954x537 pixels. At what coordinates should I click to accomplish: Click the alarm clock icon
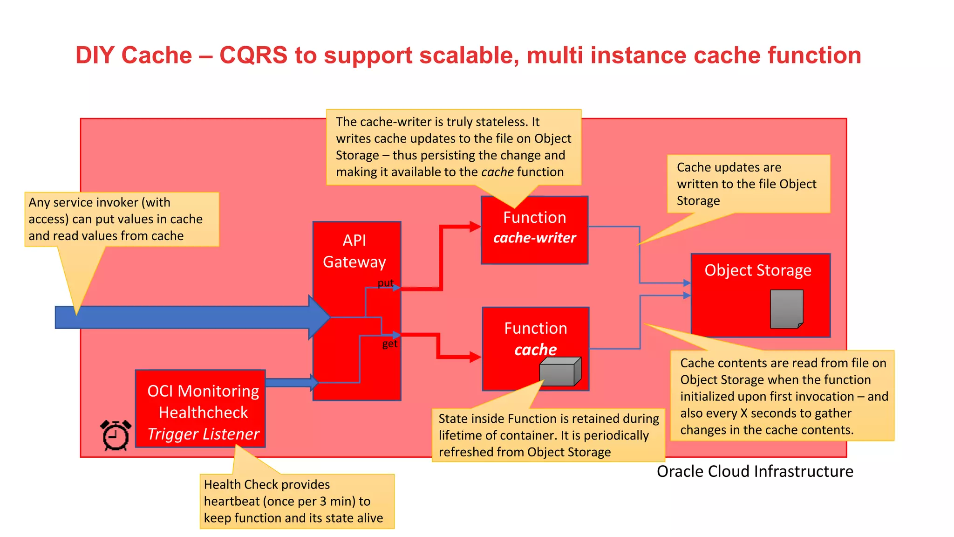(116, 435)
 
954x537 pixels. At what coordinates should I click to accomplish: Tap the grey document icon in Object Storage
(786, 309)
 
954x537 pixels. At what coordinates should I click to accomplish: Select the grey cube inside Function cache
(560, 372)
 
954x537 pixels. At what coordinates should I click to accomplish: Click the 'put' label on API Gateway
(385, 283)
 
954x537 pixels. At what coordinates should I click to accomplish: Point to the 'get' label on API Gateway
(389, 344)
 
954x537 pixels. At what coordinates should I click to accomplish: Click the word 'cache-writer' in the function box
(534, 238)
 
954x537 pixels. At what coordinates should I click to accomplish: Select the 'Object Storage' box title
(757, 270)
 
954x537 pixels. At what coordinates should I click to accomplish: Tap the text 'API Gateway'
(354, 251)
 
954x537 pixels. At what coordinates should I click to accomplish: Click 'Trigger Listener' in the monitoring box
(203, 434)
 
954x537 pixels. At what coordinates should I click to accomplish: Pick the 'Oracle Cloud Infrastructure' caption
(755, 471)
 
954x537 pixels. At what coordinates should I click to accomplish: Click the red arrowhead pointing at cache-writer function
(475, 227)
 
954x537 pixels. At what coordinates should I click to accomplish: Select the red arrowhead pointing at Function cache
(475, 357)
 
